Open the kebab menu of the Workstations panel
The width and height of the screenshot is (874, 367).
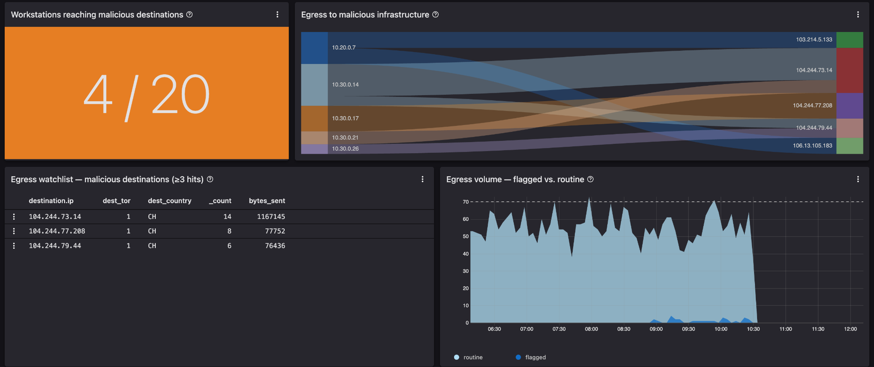click(x=277, y=15)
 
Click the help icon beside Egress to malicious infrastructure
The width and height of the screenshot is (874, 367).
click(x=435, y=15)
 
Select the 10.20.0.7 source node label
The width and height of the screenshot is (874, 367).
click(x=344, y=48)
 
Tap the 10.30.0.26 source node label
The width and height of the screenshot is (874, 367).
click(x=345, y=149)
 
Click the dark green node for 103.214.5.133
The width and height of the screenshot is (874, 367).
click(x=850, y=40)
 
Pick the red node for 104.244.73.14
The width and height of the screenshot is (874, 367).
click(x=850, y=70)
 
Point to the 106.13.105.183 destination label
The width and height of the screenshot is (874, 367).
click(x=813, y=146)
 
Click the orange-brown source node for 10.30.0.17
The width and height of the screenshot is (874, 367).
click(x=315, y=119)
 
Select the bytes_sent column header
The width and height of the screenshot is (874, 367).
click(x=267, y=201)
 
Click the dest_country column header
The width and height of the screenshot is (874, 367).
click(x=169, y=201)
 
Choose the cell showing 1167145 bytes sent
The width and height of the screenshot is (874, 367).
click(x=271, y=217)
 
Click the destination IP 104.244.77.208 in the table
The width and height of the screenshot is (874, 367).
click(x=57, y=231)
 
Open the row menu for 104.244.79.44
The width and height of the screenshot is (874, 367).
click(x=14, y=246)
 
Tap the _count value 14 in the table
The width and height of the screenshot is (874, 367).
click(x=227, y=217)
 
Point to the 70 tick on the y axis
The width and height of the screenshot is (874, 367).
click(x=466, y=202)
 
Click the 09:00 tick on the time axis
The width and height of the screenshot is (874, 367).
click(x=656, y=329)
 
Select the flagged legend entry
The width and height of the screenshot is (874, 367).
click(x=531, y=358)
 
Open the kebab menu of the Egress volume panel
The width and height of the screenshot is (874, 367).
click(x=858, y=179)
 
